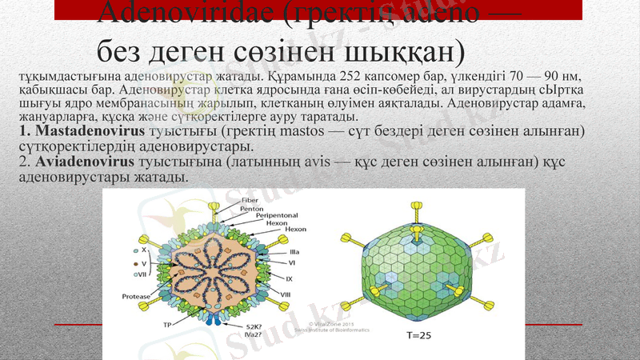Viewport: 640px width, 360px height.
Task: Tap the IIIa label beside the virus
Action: pos(294,252)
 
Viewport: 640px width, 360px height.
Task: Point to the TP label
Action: pos(168,325)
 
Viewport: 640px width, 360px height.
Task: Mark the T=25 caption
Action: pos(416,334)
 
